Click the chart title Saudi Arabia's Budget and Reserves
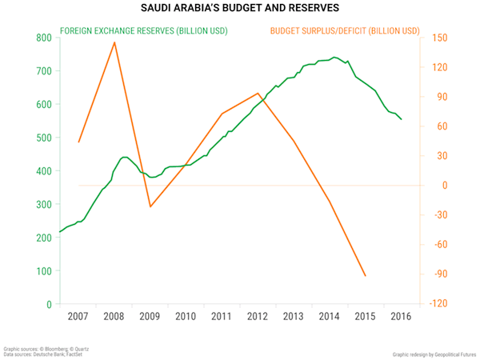coord(239,9)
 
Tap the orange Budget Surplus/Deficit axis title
coord(345,31)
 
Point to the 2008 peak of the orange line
coord(115,42)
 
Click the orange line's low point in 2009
coord(150,206)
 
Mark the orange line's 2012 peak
coord(258,93)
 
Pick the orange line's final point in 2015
coord(366,276)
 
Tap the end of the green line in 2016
coord(402,119)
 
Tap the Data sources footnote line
coord(39,354)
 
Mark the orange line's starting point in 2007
coord(78,142)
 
